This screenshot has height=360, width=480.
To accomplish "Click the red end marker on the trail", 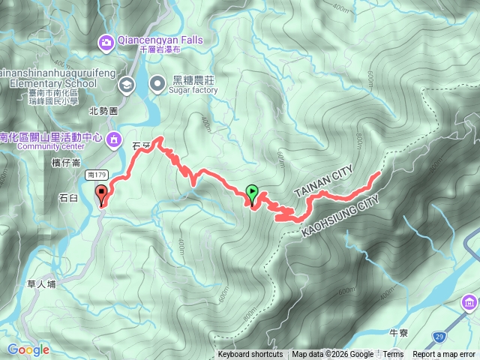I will point(101,196).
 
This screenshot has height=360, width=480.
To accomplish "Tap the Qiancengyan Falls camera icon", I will point(106,41).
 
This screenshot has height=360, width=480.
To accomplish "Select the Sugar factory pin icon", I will point(159,82).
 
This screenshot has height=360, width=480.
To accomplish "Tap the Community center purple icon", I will point(114,138).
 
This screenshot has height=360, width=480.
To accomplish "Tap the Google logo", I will point(28,349).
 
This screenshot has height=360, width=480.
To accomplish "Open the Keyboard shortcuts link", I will point(250,355).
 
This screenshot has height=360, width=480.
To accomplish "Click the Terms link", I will point(393,355).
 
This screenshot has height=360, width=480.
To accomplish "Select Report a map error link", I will point(444,355).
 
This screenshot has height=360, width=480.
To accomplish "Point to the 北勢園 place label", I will point(103,110).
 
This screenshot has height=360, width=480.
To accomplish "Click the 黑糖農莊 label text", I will point(193,79).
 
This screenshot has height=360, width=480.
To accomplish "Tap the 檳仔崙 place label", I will point(67,163).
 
